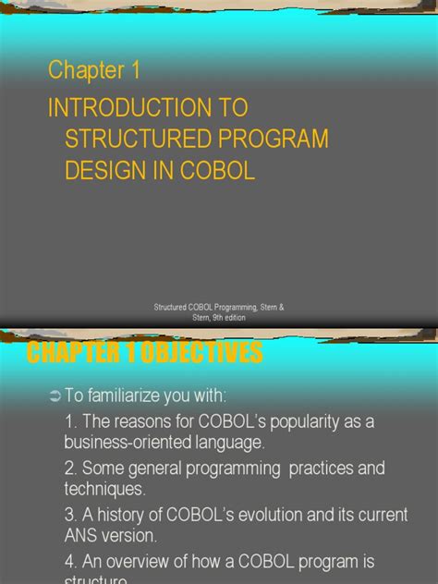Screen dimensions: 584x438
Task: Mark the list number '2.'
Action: [x=72, y=468]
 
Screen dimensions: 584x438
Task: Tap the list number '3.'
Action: [x=72, y=515]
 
